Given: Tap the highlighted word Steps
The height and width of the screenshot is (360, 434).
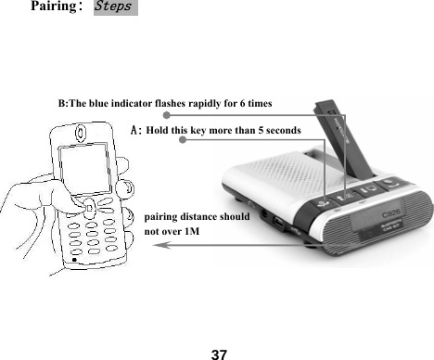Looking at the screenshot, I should (116, 8).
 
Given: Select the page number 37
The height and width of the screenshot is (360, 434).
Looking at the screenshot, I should (219, 354).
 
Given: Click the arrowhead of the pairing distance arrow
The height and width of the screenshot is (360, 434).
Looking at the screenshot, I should (158, 245).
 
